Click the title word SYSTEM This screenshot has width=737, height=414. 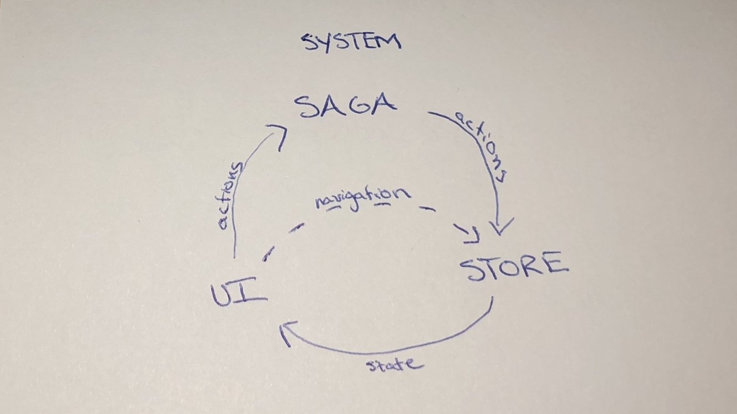point(351,43)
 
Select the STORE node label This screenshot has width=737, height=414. point(514,268)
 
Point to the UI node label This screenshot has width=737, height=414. point(238,294)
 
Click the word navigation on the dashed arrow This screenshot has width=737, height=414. point(362,197)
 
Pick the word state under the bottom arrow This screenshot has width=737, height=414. point(396,365)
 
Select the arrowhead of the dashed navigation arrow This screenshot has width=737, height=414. point(471,235)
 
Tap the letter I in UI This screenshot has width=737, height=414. point(251,293)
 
